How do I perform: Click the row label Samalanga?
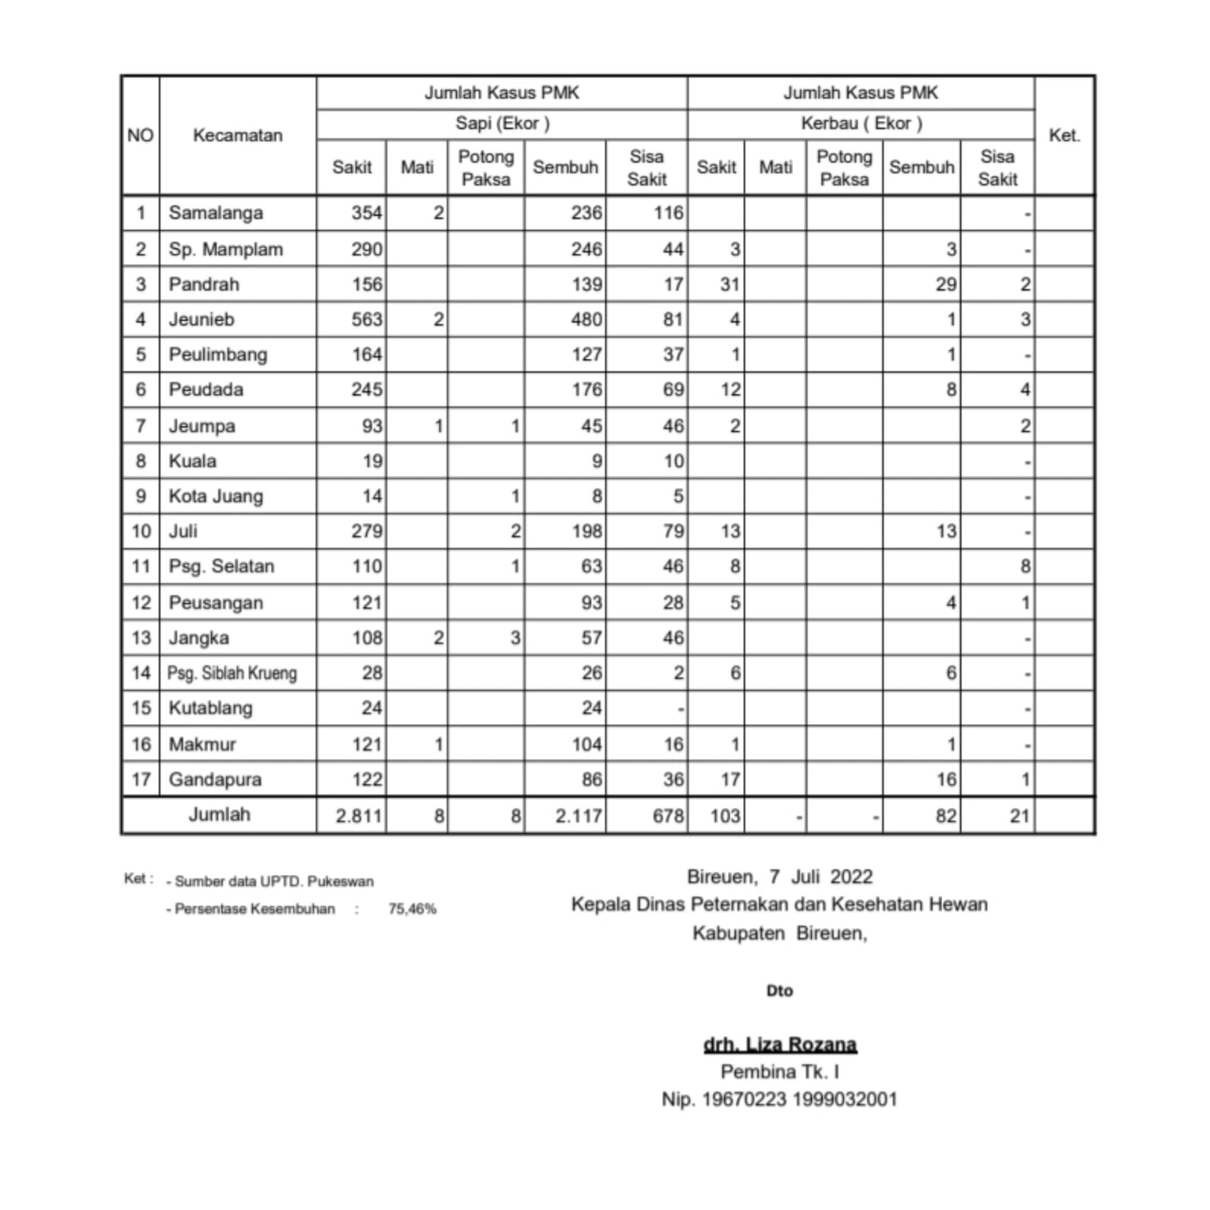(216, 213)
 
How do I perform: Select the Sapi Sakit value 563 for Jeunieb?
(366, 319)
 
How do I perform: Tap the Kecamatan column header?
(238, 135)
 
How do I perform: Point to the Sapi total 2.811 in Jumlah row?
(359, 816)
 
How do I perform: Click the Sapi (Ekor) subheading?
(502, 123)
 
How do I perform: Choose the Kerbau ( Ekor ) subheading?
(861, 123)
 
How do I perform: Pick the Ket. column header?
(1063, 135)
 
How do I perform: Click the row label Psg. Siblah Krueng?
(232, 673)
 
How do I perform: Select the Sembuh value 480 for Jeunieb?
(586, 319)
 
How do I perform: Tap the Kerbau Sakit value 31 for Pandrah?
(729, 285)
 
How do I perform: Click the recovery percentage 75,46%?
(412, 909)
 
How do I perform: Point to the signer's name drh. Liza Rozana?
(779, 1045)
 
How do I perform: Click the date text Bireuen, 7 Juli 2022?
(779, 877)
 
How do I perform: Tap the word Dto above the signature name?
(779, 991)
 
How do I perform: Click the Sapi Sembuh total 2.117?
(579, 816)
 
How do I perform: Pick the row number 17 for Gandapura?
(142, 779)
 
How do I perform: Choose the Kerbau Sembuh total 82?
(946, 816)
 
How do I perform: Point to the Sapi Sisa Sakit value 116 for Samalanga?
(668, 213)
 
